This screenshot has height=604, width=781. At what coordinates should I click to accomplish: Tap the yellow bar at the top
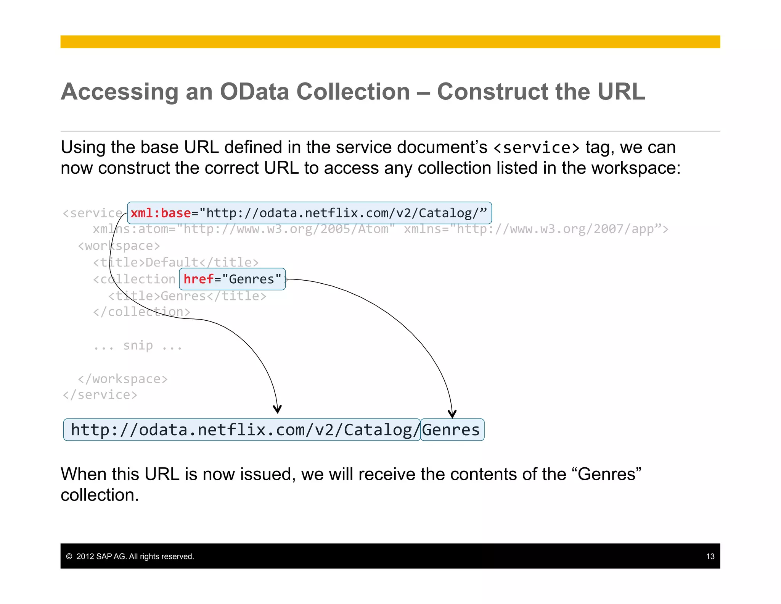[390, 42]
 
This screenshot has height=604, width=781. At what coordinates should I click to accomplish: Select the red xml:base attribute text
[160, 213]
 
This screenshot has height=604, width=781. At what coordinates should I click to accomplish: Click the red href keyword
[198, 279]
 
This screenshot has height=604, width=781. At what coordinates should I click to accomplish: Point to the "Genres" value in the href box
[252, 279]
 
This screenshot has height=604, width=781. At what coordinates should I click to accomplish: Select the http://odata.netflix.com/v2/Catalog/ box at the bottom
[242, 430]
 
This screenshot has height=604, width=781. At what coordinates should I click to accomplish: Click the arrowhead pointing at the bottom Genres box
[452, 414]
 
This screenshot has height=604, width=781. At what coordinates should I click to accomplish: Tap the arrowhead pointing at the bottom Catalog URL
[277, 409]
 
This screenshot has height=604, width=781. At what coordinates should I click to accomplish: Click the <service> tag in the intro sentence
[536, 148]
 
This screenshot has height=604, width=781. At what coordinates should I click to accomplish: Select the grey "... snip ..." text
[138, 346]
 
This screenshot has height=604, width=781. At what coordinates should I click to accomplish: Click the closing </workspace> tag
[122, 379]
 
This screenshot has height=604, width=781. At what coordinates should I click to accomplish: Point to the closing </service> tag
[100, 395]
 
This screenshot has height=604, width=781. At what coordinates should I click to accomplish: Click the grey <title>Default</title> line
[176, 262]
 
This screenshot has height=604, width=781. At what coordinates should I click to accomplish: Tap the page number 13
[710, 556]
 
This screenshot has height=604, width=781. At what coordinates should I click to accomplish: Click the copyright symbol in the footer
[69, 556]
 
